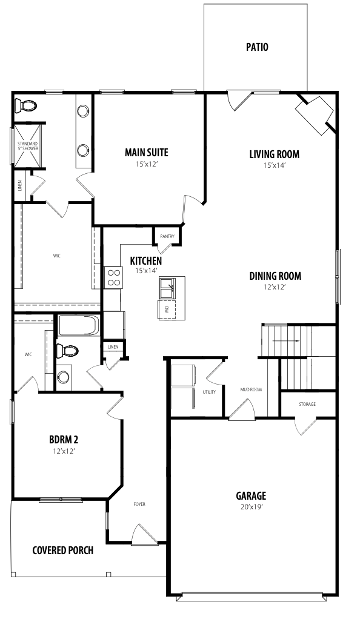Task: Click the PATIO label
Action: (x=257, y=47)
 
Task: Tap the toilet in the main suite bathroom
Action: (x=25, y=105)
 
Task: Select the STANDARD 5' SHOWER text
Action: (x=28, y=146)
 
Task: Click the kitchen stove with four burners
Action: (x=114, y=277)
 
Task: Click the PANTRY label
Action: (x=167, y=236)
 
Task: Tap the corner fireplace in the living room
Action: (x=315, y=114)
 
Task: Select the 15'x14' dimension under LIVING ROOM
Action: (x=274, y=165)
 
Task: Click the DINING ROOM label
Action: (x=275, y=276)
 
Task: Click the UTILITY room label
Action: (x=209, y=392)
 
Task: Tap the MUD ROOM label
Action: (x=252, y=389)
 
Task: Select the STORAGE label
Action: (x=307, y=404)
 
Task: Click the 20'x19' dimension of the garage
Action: (x=252, y=507)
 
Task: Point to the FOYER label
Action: (x=139, y=504)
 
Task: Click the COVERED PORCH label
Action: (x=63, y=550)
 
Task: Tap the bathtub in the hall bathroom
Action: (x=78, y=325)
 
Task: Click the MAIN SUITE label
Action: (x=147, y=153)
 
